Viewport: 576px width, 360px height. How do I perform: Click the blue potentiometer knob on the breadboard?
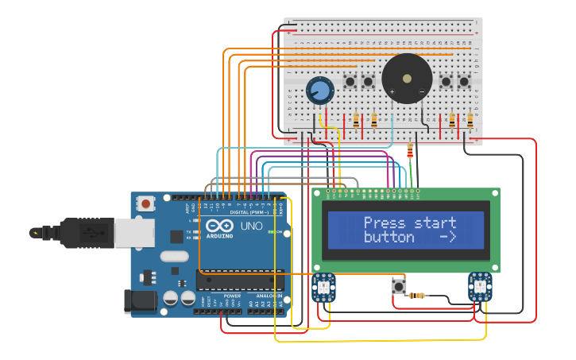[x=319, y=90]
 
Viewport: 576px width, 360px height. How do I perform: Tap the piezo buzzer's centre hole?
[x=407, y=78]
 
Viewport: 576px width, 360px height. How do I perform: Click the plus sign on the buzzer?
[x=392, y=92]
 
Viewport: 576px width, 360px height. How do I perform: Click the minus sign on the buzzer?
[x=422, y=92]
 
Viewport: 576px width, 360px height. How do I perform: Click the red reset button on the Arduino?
[x=145, y=203]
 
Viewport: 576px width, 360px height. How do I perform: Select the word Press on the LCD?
[x=384, y=223]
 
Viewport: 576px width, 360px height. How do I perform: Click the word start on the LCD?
[x=435, y=223]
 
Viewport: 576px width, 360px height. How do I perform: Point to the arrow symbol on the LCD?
[x=447, y=238]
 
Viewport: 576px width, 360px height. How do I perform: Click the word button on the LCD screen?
[x=389, y=238]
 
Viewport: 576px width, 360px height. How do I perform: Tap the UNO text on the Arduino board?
[x=251, y=226]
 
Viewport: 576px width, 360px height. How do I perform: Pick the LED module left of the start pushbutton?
[x=324, y=287]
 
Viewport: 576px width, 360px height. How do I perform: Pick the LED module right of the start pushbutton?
[x=480, y=286]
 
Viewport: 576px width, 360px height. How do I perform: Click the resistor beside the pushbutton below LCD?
[x=416, y=296]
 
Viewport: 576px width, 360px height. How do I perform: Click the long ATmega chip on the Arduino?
[x=240, y=280]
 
